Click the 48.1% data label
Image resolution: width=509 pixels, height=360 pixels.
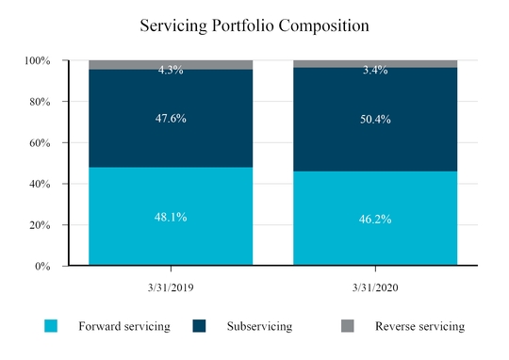point(171,217)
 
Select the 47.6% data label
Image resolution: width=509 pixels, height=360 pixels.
point(171,119)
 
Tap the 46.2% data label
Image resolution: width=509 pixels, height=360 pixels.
point(375,219)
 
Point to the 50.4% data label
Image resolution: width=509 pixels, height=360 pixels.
point(375,120)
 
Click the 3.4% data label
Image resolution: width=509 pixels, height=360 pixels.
point(375,69)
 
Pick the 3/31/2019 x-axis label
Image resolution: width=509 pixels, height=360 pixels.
point(171,283)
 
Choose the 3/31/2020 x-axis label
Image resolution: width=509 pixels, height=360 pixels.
point(375,283)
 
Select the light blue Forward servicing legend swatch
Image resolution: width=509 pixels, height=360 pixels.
point(51,326)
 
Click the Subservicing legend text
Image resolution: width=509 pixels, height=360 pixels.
point(259,326)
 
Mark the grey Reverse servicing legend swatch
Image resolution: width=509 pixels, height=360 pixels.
point(346,326)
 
